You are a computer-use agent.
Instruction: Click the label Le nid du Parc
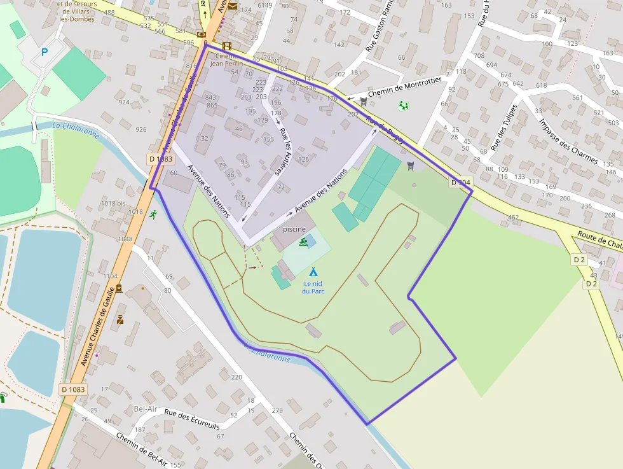[x=313, y=288]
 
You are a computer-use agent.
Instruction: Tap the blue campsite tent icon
[x=313, y=272]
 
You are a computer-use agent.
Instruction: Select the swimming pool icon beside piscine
[x=304, y=242]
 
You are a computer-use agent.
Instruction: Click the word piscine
[x=294, y=229]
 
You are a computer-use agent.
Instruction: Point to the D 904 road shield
[x=461, y=183]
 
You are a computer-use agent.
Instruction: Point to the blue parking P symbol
[x=44, y=53]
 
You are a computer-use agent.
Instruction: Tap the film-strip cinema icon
[x=227, y=46]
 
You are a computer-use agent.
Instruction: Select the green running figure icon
[x=153, y=214]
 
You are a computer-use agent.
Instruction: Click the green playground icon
[x=403, y=106]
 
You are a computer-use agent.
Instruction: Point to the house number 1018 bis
[x=113, y=204]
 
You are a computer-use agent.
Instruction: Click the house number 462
[x=513, y=218]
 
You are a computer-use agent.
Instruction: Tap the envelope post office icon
[x=232, y=6]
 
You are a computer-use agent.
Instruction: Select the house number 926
[x=141, y=130]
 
